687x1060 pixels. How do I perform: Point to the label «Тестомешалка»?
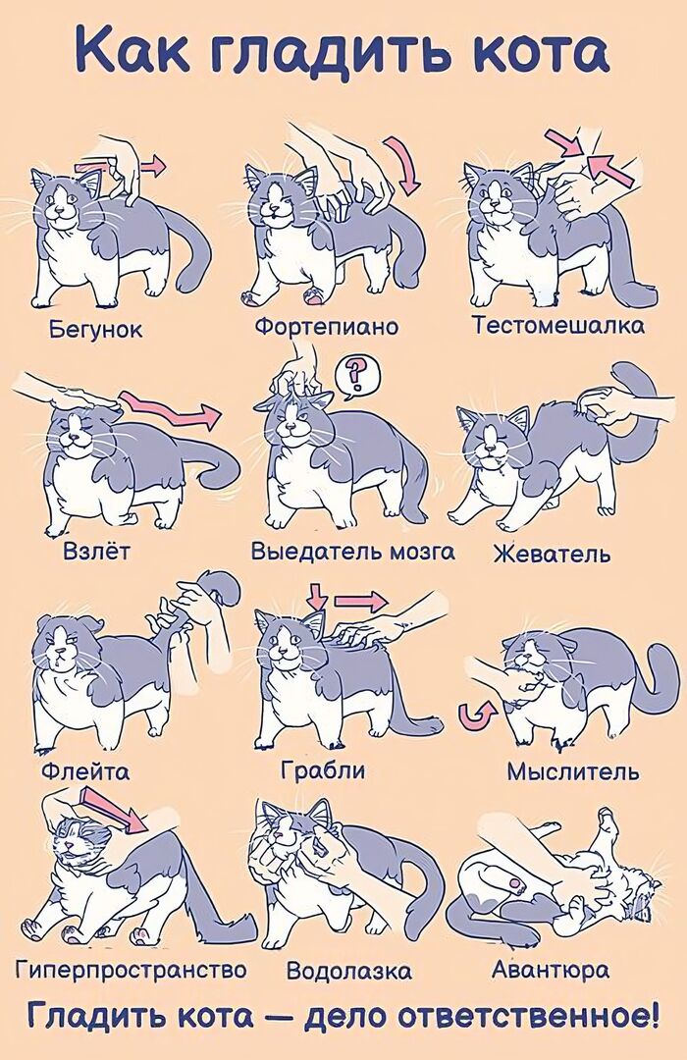click(558, 325)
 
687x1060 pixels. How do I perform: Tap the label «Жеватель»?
click(551, 554)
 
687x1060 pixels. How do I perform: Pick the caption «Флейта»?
click(85, 771)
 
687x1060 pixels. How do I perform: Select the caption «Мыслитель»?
click(573, 771)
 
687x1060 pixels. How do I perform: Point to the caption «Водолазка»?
click(348, 972)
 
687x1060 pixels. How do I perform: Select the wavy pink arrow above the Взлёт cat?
click(170, 411)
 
